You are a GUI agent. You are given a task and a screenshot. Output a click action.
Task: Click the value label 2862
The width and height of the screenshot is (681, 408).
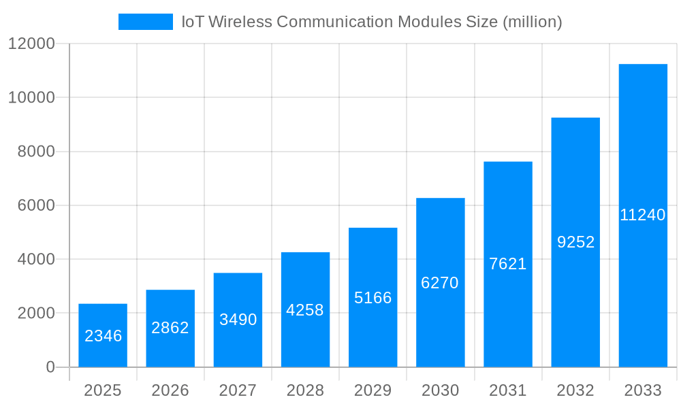[170, 328]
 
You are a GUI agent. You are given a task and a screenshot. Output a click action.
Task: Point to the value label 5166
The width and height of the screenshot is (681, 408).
[373, 298]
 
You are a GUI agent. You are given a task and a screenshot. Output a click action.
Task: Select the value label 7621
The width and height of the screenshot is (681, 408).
[508, 264]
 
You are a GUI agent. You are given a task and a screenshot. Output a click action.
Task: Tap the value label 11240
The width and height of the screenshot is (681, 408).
[643, 215]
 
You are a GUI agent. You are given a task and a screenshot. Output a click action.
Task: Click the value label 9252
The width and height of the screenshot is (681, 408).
[575, 242]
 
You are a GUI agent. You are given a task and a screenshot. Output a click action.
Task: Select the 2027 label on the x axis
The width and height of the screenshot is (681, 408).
[238, 390]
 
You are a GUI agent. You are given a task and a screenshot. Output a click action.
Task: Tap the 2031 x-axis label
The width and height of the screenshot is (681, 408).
[508, 390]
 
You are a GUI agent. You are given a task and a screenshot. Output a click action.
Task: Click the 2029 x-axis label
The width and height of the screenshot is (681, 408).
[373, 390]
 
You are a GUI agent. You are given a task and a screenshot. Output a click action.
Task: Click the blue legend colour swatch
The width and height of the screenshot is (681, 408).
[146, 22]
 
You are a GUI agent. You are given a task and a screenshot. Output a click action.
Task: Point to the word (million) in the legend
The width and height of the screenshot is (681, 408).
[532, 22]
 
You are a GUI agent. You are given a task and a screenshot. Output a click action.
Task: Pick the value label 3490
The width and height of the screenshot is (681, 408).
[238, 320]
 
